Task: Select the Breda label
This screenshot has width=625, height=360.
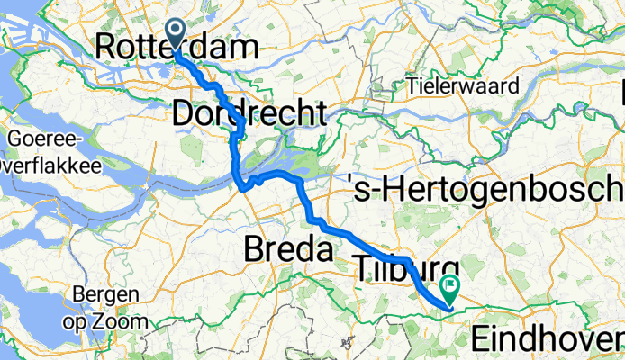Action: pyautogui.click(x=289, y=248)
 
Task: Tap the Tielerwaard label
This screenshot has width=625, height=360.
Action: pyautogui.click(x=464, y=87)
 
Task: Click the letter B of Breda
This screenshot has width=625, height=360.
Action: pyautogui.click(x=256, y=248)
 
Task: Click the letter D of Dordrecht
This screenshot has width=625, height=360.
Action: pyautogui.click(x=181, y=114)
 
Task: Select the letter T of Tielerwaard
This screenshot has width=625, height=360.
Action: pyautogui.click(x=412, y=87)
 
